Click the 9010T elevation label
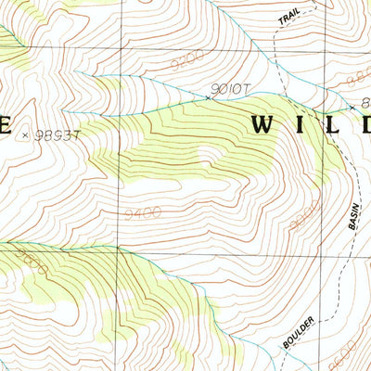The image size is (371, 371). [231, 88]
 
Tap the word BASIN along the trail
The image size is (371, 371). [352, 213]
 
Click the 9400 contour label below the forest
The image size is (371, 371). [142, 212]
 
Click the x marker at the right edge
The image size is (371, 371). [352, 108]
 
